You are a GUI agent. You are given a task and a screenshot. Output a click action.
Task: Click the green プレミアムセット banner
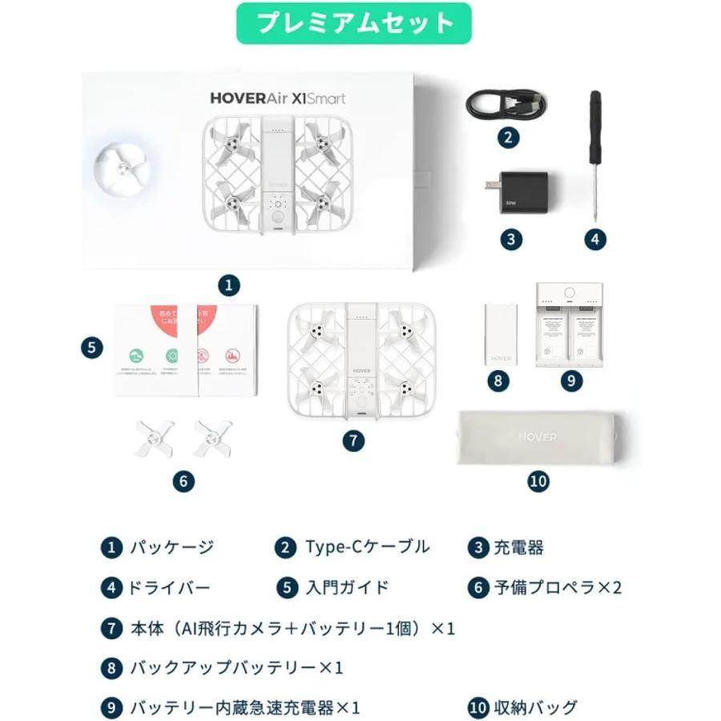click(353, 23)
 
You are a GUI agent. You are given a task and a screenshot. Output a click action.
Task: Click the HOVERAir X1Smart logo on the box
click(278, 99)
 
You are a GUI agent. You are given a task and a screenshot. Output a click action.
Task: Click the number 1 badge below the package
click(230, 284)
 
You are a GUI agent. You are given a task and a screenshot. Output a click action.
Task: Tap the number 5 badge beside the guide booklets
click(92, 347)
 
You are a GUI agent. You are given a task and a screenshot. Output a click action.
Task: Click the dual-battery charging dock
click(570, 325)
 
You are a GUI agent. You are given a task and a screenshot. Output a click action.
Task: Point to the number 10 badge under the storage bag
click(538, 481)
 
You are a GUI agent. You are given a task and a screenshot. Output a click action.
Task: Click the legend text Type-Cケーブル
click(368, 548)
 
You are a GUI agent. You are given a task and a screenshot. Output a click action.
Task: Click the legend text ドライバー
click(169, 587)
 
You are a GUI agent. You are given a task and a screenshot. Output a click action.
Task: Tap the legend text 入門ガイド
click(348, 587)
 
